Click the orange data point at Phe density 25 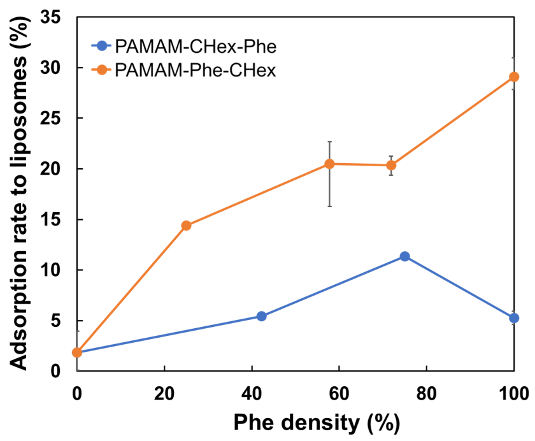pyautogui.click(x=186, y=225)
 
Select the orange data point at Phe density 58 pyautogui.click(x=329, y=164)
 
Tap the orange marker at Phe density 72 pyautogui.click(x=391, y=165)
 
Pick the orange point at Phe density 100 pyautogui.click(x=513, y=77)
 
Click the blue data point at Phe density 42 pyautogui.click(x=261, y=316)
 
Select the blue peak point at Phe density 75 pyautogui.click(x=404, y=256)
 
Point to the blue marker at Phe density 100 pyautogui.click(x=513, y=318)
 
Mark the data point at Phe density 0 pyautogui.click(x=77, y=352)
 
